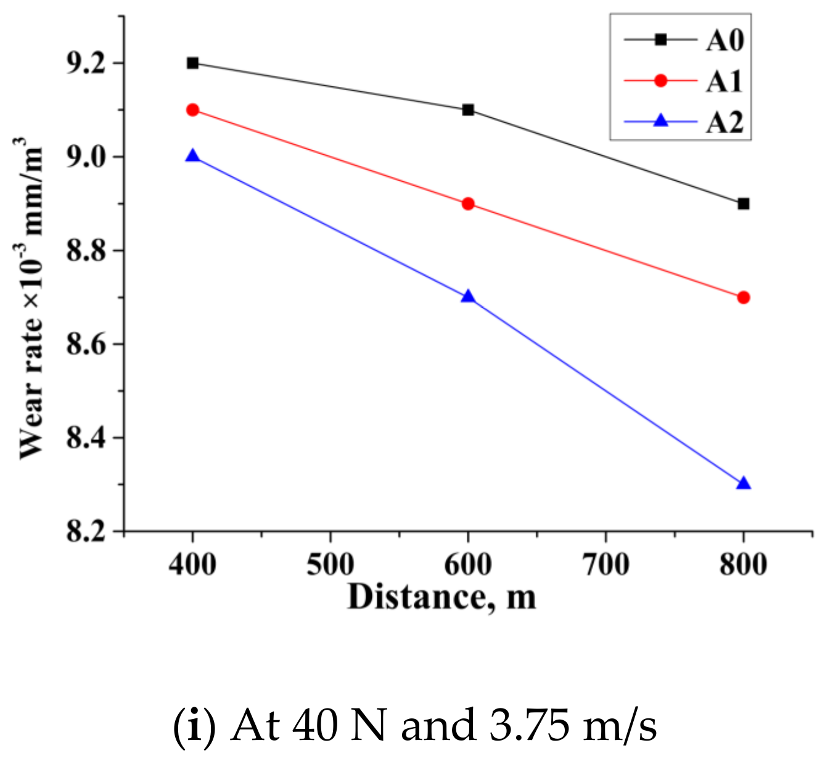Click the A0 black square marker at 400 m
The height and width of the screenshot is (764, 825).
coord(192,63)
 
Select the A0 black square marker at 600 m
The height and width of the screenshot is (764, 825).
coord(468,110)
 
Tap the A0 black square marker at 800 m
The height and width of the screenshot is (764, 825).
coord(743,203)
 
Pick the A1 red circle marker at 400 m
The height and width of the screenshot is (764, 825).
coord(192,110)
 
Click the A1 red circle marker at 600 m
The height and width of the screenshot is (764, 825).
coord(468,203)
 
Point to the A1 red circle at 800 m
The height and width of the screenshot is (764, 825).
coord(743,297)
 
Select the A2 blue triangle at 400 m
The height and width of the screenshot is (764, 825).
coord(192,156)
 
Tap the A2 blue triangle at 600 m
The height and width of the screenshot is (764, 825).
coord(468,297)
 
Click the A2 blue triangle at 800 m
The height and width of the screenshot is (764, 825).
coord(743,483)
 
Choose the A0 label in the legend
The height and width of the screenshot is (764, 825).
coord(724,41)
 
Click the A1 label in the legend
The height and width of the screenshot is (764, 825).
coord(724,81)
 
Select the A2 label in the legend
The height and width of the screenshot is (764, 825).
coord(724,122)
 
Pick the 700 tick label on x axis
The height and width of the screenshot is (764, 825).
coord(605,564)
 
